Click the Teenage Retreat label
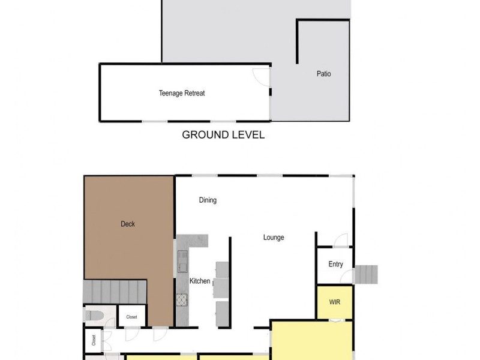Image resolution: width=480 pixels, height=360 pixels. (182, 93)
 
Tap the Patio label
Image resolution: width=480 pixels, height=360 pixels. (323, 74)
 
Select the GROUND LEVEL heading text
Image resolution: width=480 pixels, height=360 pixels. (223, 135)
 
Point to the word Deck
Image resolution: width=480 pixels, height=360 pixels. (127, 224)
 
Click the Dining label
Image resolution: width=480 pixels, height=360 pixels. (208, 200)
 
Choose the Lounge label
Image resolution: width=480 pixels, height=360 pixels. (274, 237)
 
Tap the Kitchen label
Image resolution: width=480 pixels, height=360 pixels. (200, 281)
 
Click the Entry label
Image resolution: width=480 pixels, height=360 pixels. (335, 265)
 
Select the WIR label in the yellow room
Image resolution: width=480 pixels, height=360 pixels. (335, 302)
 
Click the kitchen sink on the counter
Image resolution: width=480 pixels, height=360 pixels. (182, 262)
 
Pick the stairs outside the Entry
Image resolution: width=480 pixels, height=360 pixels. (367, 275)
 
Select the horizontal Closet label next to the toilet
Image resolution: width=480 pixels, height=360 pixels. (131, 317)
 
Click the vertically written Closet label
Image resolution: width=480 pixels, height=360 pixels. (94, 341)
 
